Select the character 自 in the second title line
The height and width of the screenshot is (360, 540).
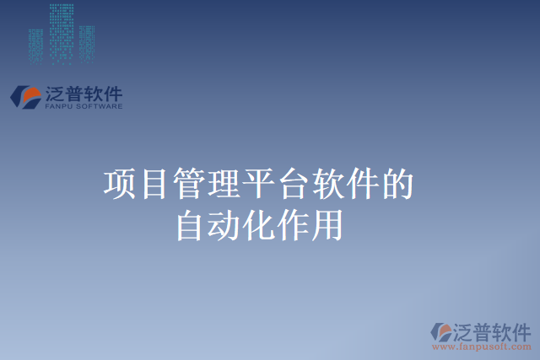[x=190, y=226]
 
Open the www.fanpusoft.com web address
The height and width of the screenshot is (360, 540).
[x=482, y=347]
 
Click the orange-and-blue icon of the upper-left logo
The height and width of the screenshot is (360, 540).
[x=26, y=96]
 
